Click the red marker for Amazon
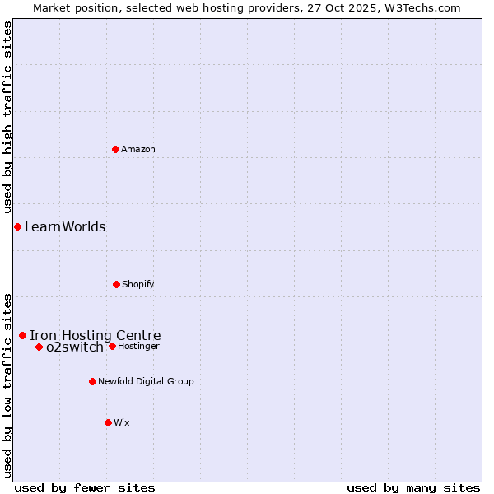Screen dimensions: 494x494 [x=115, y=149]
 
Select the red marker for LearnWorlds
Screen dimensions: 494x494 [x=17, y=226]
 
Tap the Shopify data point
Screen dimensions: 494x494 [x=116, y=284]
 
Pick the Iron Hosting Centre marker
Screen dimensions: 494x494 [x=22, y=335]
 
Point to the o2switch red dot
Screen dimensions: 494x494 [x=39, y=347]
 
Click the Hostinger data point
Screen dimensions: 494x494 [x=112, y=346]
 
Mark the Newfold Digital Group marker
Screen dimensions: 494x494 [x=92, y=381]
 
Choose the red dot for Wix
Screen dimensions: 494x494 [x=108, y=422]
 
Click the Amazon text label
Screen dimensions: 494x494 [x=138, y=149]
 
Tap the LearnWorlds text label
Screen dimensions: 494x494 [x=65, y=227]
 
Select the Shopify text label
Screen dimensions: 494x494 [x=138, y=284]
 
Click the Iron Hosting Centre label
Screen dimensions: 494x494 [x=96, y=335]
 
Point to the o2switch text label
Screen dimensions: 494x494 [x=75, y=347]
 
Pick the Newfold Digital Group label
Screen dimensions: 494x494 [x=146, y=381]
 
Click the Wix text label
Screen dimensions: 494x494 [x=122, y=422]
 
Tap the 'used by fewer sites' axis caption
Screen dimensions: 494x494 [x=85, y=487]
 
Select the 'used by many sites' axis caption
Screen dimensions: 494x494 [x=413, y=487]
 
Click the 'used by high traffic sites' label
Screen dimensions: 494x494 [x=8, y=118]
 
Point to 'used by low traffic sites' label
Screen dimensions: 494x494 [x=8, y=384]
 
